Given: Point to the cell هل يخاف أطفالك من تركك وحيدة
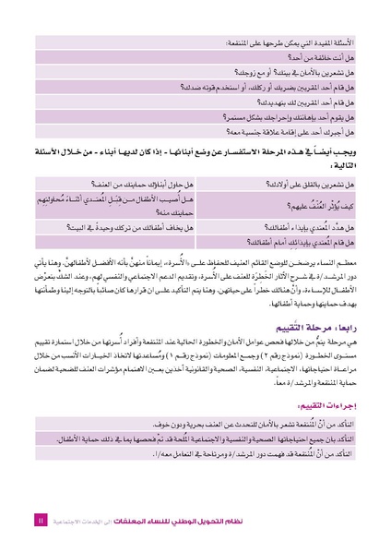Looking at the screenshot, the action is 124,226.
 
